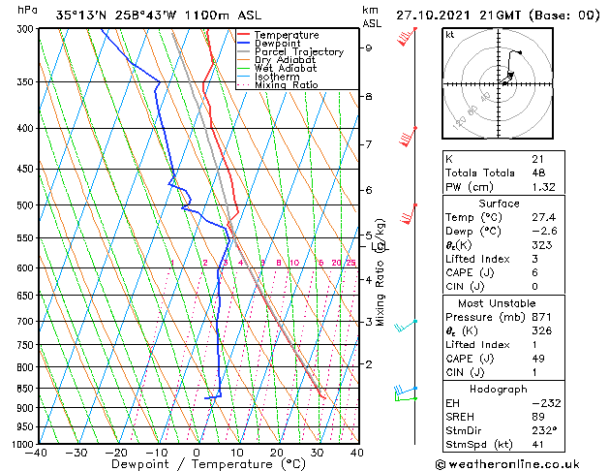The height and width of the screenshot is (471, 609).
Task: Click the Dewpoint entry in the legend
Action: (279, 44)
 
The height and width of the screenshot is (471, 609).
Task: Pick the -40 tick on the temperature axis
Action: (38, 453)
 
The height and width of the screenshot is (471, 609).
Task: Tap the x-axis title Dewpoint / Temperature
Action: (197, 465)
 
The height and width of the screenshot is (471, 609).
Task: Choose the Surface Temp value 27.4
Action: (543, 217)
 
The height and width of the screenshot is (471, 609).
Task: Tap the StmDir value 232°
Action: (543, 431)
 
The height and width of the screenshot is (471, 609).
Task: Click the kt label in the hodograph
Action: (449, 34)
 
